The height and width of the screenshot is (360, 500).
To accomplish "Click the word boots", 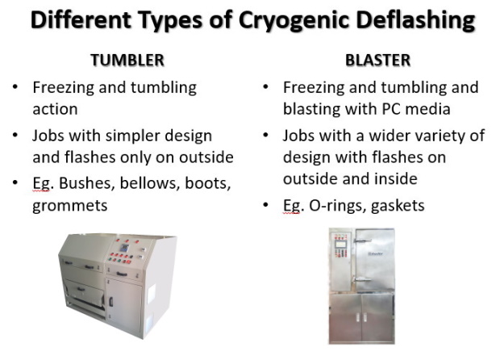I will click(208, 183).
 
